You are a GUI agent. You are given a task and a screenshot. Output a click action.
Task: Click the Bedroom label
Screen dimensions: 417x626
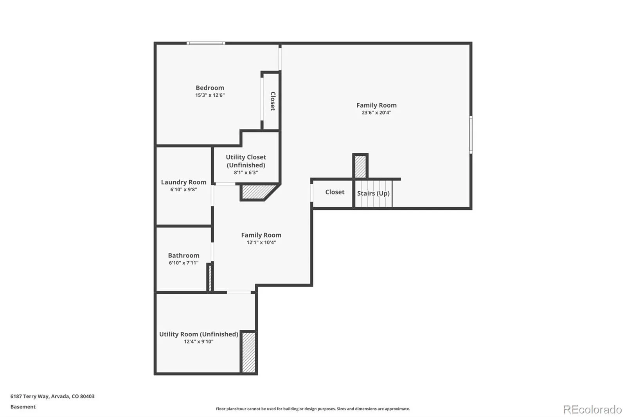coord(210,88)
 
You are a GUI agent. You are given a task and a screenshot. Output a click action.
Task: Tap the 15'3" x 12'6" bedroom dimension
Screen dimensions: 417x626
coord(210,95)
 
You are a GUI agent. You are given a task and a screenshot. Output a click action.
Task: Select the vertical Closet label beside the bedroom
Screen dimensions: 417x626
coord(273,101)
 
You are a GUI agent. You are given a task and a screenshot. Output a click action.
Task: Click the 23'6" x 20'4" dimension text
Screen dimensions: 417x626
coord(376,113)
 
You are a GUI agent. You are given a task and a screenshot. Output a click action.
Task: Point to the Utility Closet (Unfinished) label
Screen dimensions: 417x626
coord(246,161)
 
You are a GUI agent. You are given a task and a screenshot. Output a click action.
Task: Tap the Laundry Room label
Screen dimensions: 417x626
coord(183,182)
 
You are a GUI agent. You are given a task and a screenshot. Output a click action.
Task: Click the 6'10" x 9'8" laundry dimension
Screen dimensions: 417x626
coord(183,190)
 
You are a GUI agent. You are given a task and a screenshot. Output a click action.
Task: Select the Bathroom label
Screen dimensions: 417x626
coord(183,255)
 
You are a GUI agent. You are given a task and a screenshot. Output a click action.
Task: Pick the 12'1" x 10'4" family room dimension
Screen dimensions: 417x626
coord(261,243)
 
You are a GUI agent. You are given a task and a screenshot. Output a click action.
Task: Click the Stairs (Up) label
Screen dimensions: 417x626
coord(373,193)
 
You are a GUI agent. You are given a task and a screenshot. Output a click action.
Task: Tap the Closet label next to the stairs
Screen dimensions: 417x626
coord(335,192)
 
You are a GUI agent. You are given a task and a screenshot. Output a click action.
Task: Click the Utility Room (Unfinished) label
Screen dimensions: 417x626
coord(198,334)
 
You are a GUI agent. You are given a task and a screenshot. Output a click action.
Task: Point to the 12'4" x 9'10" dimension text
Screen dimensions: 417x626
coord(198,342)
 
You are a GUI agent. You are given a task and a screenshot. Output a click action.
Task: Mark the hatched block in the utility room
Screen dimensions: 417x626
coord(248,352)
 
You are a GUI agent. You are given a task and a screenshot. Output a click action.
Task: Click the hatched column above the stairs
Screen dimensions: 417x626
coord(360,167)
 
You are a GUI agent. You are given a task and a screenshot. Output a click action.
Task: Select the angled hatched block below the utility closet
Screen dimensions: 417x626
coord(257,192)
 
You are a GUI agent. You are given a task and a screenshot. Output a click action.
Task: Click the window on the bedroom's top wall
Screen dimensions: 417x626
coord(206,43)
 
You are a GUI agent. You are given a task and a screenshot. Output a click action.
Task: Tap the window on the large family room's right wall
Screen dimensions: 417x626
coord(471,134)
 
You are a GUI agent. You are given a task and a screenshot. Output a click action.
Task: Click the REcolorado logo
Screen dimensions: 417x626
coord(592,409)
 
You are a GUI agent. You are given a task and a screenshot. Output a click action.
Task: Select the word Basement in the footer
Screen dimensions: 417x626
coord(23,407)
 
